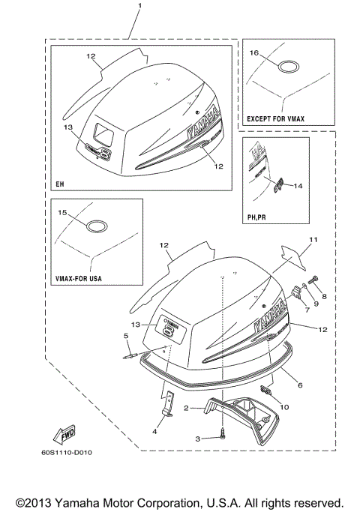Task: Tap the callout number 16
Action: [x=253, y=53]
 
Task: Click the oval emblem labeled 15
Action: [x=97, y=226]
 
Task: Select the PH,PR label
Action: [x=257, y=216]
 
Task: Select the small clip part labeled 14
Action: [x=278, y=182]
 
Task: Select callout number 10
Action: [x=283, y=406]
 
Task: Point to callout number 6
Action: [x=299, y=385]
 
